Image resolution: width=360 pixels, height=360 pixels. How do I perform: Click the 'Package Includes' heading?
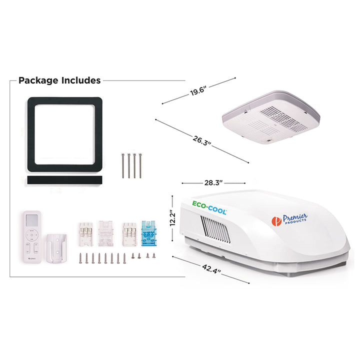click(59, 80)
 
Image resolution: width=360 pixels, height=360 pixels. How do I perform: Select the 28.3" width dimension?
click(213, 183)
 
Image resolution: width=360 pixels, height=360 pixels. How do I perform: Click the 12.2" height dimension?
click(172, 218)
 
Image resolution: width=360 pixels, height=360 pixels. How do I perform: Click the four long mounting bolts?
click(131, 165)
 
